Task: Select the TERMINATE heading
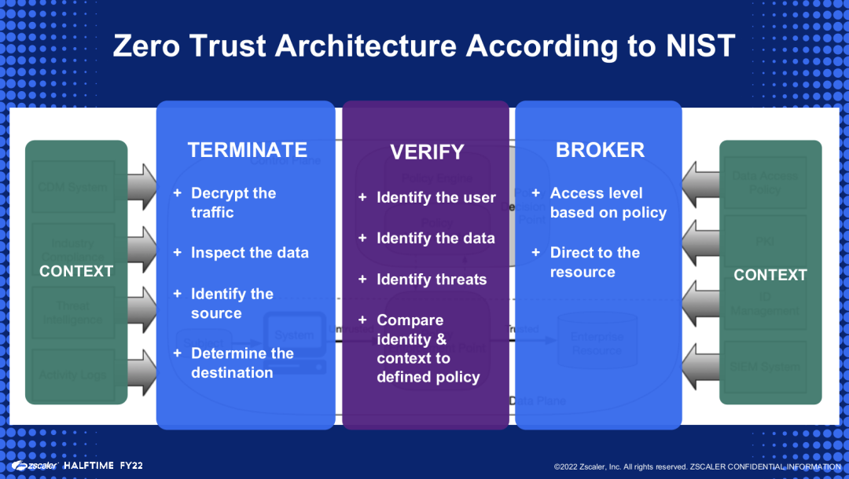click(247, 150)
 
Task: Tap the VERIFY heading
click(427, 152)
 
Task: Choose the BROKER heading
click(600, 150)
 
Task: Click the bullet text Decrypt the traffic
click(233, 203)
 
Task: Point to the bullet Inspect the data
click(249, 253)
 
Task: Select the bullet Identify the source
click(232, 303)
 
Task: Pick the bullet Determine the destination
click(241, 363)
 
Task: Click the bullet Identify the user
click(436, 198)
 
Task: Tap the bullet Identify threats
click(432, 280)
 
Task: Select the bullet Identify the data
click(436, 238)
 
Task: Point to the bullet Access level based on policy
click(608, 203)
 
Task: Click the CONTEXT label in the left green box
click(76, 272)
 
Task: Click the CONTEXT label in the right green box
click(770, 275)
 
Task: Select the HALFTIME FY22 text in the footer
click(103, 466)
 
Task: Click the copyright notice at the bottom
click(696, 466)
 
